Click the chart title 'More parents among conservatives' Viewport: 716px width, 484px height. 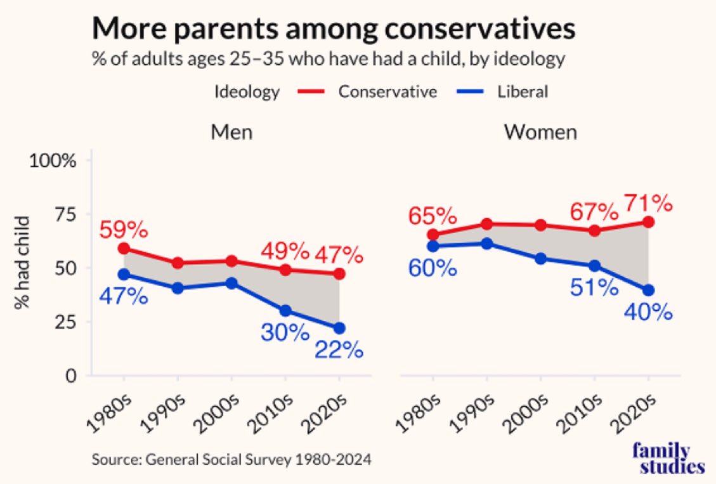pos(334,29)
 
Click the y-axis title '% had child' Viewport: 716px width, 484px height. pos(23,263)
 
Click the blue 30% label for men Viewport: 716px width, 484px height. pos(284,331)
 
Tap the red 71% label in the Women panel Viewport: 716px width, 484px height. pos(648,204)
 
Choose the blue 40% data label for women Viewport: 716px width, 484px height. pos(648,312)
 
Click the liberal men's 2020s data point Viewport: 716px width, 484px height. pos(339,328)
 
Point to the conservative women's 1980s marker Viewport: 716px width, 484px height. pos(433,235)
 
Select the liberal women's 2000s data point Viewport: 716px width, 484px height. pos(540,259)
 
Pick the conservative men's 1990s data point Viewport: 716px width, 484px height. pos(178,263)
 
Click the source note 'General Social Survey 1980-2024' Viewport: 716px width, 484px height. pos(231,459)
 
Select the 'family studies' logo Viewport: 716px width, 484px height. pos(668,459)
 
